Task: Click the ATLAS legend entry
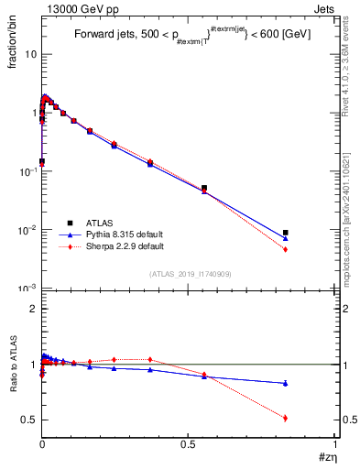[101, 223]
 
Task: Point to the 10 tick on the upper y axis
[29, 54]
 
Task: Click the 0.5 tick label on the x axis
[188, 443]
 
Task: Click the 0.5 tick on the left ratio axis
[29, 420]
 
